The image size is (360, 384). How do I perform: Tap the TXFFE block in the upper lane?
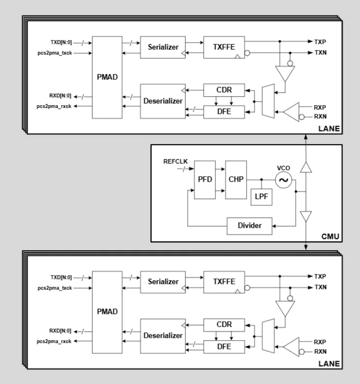(x=222, y=47)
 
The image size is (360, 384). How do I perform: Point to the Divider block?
(x=249, y=226)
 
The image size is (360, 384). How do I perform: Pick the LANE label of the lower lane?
(x=330, y=364)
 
